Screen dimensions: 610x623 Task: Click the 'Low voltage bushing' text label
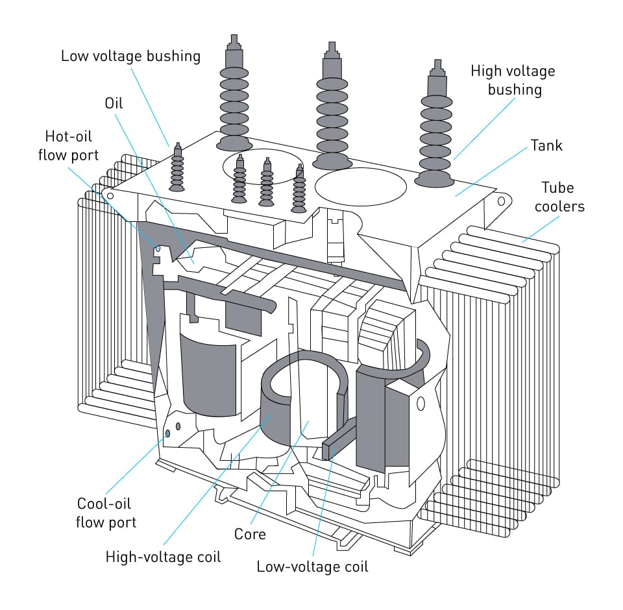(x=130, y=56)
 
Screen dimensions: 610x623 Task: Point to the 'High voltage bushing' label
(x=513, y=80)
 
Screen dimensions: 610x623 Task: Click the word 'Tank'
(x=546, y=145)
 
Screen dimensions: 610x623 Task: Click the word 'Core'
(x=250, y=534)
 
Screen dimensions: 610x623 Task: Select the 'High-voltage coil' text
(x=163, y=556)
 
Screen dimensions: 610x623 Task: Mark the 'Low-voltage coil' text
(x=312, y=566)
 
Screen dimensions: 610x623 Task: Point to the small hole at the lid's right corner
(x=501, y=201)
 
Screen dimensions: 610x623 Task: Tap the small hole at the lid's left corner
(x=110, y=195)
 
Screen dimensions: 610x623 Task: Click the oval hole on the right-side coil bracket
(x=421, y=404)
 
